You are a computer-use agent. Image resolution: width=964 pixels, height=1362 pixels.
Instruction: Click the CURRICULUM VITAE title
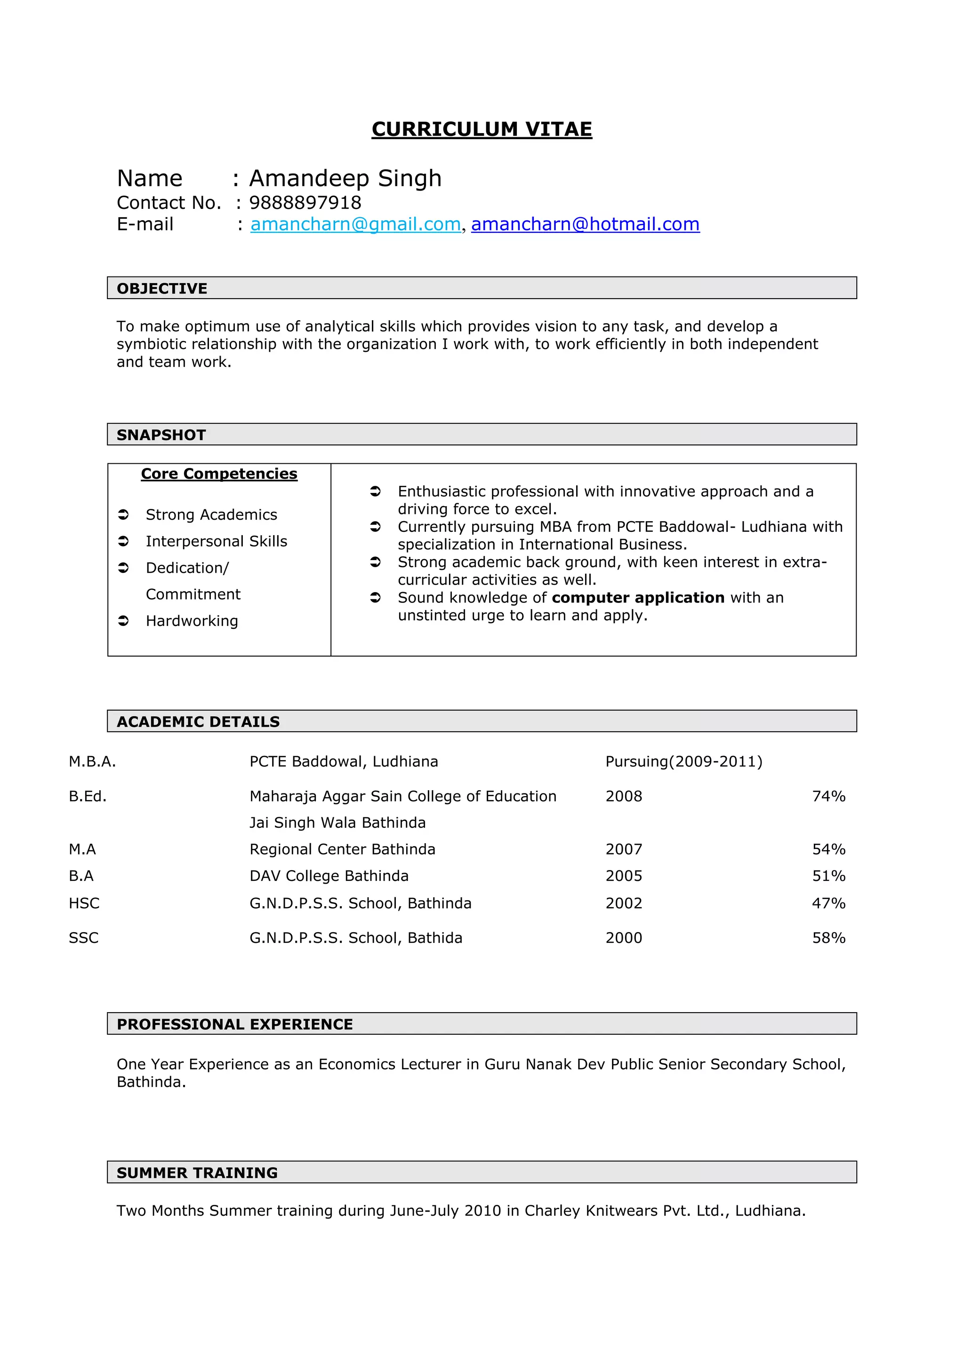coord(482,129)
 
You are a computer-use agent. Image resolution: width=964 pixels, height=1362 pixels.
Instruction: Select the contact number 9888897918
coord(305,203)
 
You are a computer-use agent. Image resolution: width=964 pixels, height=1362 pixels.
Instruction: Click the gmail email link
coord(355,224)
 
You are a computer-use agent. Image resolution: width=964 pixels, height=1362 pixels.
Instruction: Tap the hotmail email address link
coord(585,224)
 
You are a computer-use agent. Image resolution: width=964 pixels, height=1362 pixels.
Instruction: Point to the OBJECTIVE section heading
coord(162,288)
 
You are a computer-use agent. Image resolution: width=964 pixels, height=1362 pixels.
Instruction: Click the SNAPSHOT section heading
coord(161,435)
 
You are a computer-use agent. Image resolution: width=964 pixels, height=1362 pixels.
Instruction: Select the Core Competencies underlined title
coord(219,474)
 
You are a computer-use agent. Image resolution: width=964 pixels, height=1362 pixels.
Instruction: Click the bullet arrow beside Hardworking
coord(123,620)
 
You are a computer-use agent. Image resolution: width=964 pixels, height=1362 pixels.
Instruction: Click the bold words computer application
coord(638,597)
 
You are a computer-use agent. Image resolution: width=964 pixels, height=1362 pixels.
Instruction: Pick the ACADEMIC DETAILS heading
coord(198,721)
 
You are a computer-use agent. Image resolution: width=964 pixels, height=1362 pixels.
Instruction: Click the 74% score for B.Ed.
coord(828,796)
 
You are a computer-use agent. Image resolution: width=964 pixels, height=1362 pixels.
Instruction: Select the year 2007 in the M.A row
coord(624,849)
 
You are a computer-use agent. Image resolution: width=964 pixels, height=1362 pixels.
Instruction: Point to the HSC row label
coord(84,903)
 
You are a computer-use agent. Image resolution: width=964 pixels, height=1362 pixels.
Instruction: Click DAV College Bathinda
coord(329,876)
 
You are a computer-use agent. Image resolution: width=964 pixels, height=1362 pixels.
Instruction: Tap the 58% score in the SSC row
coord(828,937)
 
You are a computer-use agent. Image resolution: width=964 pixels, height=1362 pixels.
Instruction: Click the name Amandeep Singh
coord(345,179)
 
